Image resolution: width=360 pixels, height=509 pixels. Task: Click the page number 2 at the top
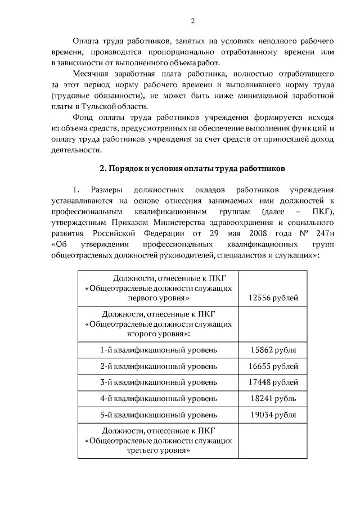pos(192,21)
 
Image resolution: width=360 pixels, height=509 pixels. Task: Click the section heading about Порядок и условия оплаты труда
pos(193,168)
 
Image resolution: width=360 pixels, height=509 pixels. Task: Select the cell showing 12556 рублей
pos(273,298)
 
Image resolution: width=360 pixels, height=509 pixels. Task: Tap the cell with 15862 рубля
pos(273,350)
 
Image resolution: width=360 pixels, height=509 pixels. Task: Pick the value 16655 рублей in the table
pos(273,367)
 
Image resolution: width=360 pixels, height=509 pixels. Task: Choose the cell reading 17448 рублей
pos(273,382)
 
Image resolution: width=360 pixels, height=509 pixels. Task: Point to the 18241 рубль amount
pos(273,399)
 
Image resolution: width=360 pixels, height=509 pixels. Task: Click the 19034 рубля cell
pos(273,415)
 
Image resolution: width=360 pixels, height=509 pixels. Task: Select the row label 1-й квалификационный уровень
pos(158,350)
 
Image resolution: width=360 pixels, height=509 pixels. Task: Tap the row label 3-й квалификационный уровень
pos(158,382)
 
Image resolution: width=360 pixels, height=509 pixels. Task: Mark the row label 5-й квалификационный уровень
pos(158,415)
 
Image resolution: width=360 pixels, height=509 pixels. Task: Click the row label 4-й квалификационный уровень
pos(158,399)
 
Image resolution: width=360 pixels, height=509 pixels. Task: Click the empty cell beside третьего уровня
pos(273,441)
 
